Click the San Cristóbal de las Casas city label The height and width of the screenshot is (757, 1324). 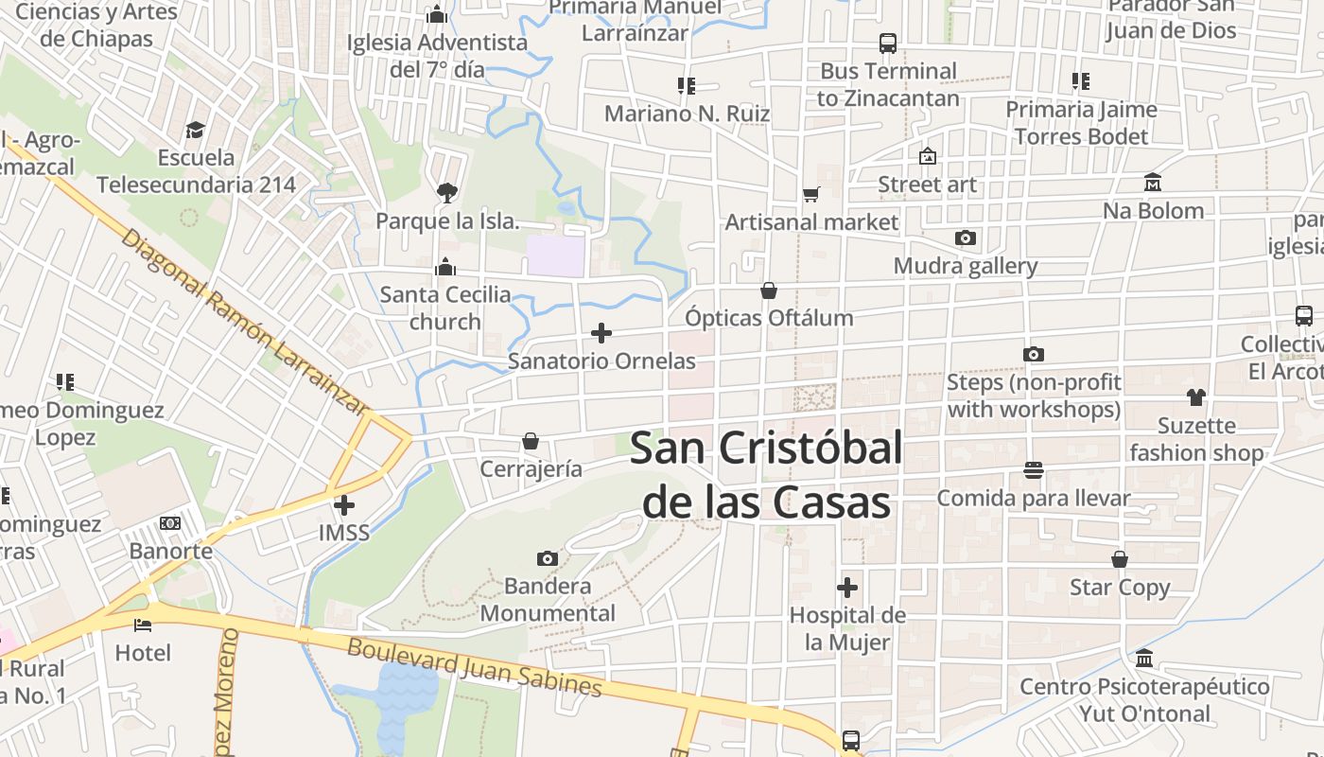pyautogui.click(x=766, y=475)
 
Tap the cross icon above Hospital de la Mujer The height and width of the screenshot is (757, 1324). pyautogui.click(x=847, y=588)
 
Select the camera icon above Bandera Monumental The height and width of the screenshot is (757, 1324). pyautogui.click(x=547, y=558)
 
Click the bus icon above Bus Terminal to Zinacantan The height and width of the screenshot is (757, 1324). pyautogui.click(x=887, y=43)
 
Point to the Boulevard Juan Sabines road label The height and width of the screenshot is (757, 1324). pyautogui.click(x=474, y=667)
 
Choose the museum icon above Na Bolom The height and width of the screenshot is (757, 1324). pyautogui.click(x=1152, y=182)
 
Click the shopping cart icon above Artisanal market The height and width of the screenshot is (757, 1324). pyautogui.click(x=810, y=194)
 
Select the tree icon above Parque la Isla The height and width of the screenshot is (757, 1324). pyautogui.click(x=446, y=193)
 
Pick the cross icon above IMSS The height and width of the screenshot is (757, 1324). pyautogui.click(x=344, y=504)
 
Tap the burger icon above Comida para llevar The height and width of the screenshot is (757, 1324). pyautogui.click(x=1033, y=469)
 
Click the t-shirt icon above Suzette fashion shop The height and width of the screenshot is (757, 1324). pyautogui.click(x=1196, y=397)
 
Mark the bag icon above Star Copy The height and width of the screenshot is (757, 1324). pyautogui.click(x=1120, y=559)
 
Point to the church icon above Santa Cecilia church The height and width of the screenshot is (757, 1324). pyautogui.click(x=445, y=267)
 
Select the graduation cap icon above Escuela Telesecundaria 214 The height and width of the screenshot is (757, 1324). pyautogui.click(x=196, y=130)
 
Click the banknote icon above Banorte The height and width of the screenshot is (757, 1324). pyautogui.click(x=170, y=522)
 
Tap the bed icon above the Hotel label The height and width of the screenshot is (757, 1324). pyautogui.click(x=143, y=625)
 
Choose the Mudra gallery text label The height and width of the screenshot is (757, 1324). pyautogui.click(x=966, y=266)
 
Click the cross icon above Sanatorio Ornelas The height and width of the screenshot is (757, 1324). pyautogui.click(x=601, y=333)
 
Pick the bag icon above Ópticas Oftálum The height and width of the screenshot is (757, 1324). pyautogui.click(x=769, y=290)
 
